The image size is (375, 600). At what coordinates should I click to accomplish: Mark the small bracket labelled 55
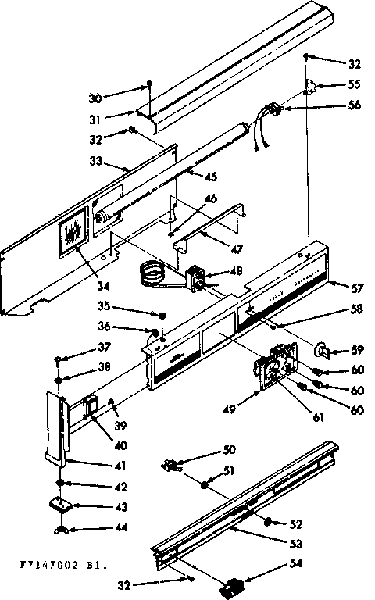point(312,87)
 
